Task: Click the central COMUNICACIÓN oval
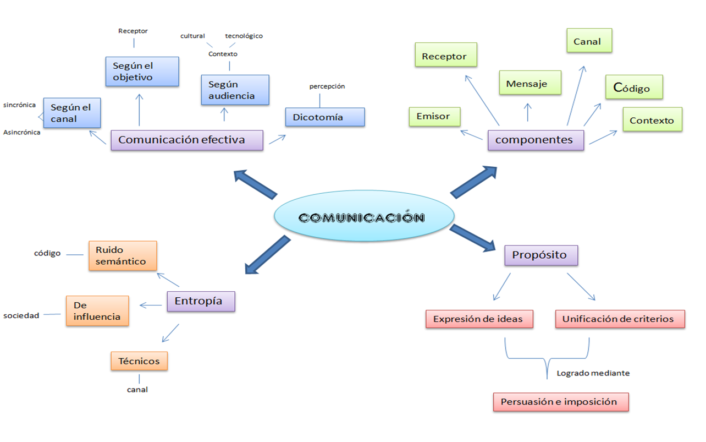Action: tap(364, 216)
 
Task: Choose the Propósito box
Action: tap(541, 255)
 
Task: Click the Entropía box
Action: tap(201, 301)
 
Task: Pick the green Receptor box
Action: tap(444, 56)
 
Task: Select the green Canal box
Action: tap(589, 41)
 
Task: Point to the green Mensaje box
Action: tap(529, 84)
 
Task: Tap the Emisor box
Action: tap(434, 116)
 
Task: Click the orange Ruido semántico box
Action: tap(122, 256)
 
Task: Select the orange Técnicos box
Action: tap(139, 361)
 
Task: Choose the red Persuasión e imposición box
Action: tap(560, 402)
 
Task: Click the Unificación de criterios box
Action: tap(620, 319)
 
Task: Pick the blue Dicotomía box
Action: tap(324, 117)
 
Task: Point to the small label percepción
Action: tap(327, 86)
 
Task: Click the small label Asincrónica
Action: tap(21, 132)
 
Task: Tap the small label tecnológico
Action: tap(244, 36)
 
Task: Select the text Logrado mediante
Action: tap(593, 373)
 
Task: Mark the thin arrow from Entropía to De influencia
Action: tap(150, 304)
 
